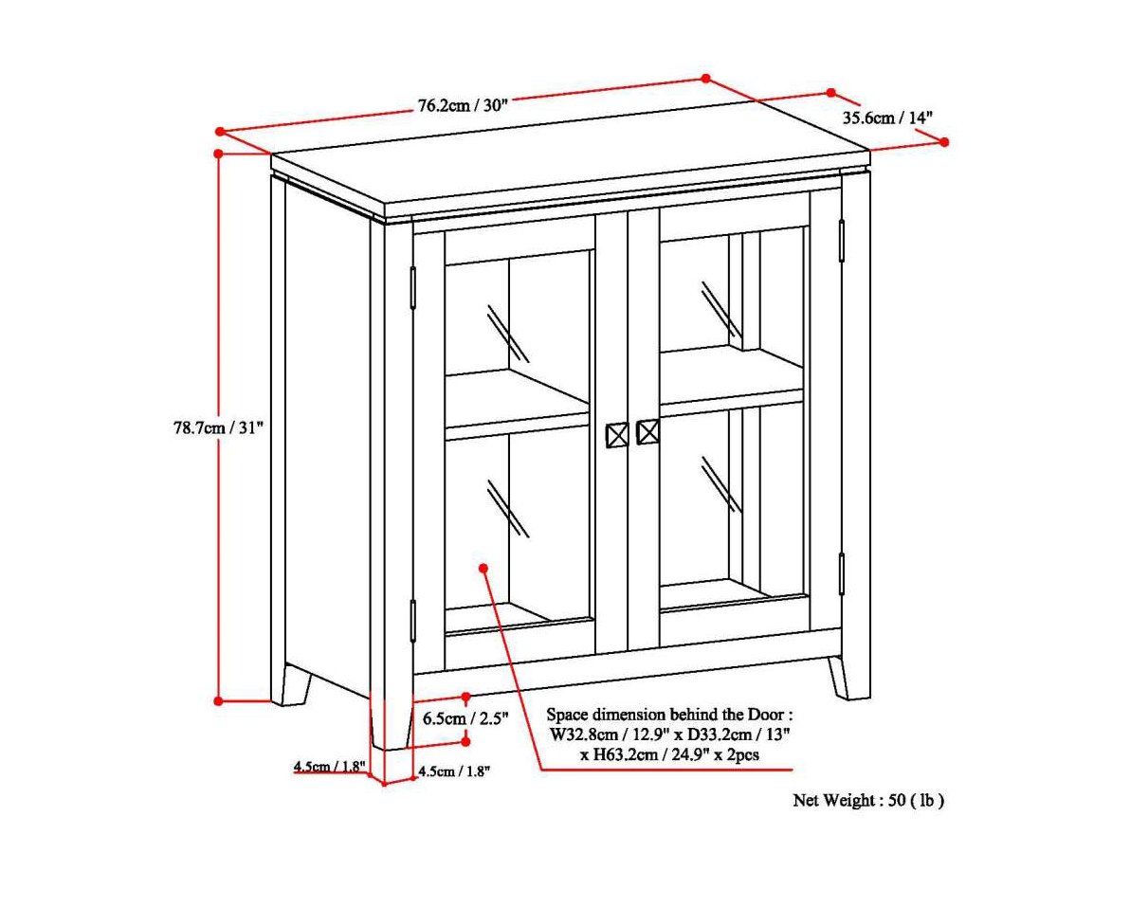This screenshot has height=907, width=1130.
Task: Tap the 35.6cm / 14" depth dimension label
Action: point(888,118)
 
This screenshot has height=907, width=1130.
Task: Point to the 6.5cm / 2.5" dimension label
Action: point(465,718)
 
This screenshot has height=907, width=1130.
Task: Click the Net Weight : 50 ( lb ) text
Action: point(868,800)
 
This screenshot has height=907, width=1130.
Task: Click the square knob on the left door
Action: point(616,435)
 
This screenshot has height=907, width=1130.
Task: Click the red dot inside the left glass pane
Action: point(483,568)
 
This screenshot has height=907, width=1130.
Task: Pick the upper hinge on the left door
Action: point(413,286)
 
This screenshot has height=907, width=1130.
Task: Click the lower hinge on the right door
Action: point(841,573)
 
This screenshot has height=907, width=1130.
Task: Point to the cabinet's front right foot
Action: point(848,677)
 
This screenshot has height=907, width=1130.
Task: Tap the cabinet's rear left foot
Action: point(294,684)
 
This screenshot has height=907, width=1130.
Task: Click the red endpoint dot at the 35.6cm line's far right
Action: point(944,141)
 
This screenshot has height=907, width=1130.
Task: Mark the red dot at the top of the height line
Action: point(219,153)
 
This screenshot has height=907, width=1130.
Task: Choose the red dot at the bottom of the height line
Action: point(218,701)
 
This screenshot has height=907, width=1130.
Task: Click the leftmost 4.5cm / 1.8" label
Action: point(329,767)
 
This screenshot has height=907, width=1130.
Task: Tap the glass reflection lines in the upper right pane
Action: point(720,308)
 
